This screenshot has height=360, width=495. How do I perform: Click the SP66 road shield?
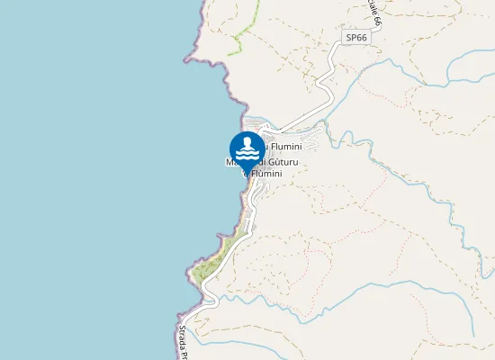pyautogui.click(x=356, y=38)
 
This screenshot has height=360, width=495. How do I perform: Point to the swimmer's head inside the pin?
pyautogui.click(x=247, y=141)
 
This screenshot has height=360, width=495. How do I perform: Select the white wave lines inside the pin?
pyautogui.click(x=247, y=154)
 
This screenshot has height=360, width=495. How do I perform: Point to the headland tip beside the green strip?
pyautogui.click(x=192, y=270)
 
